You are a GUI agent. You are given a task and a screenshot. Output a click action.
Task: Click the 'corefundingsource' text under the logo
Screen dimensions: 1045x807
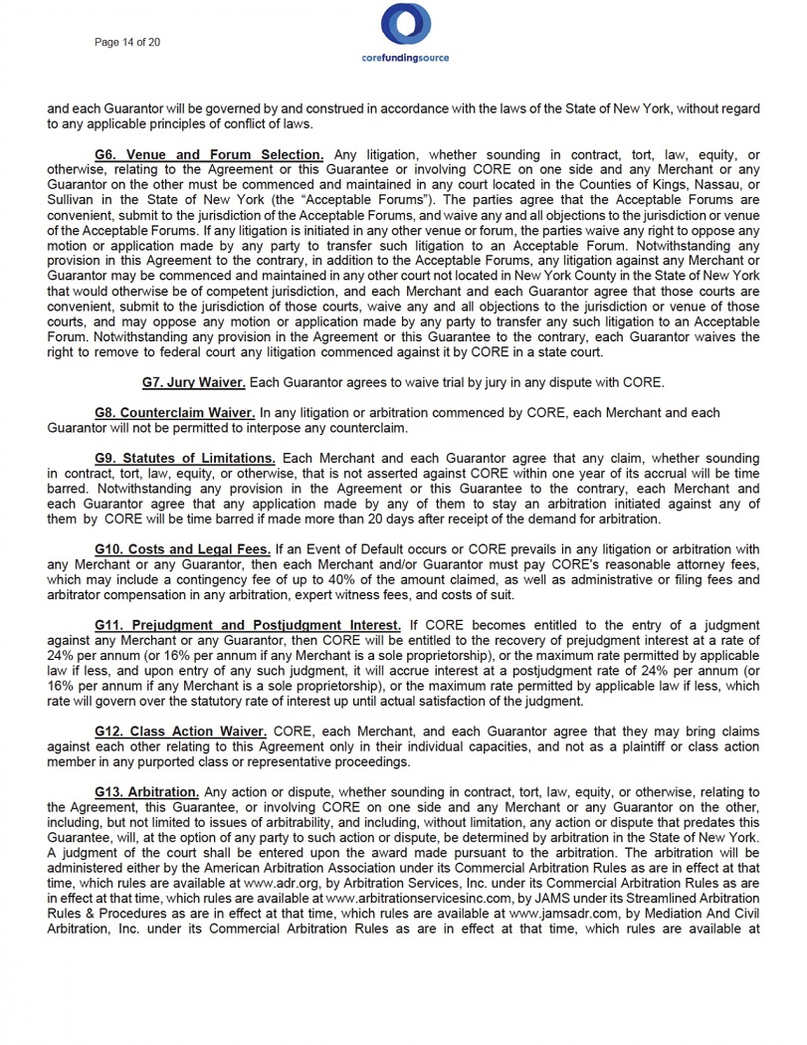(x=404, y=59)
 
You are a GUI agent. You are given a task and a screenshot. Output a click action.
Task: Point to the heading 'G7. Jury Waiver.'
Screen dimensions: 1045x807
(x=194, y=382)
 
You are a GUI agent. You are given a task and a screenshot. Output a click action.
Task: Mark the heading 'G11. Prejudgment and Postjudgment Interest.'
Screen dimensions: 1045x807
(x=248, y=624)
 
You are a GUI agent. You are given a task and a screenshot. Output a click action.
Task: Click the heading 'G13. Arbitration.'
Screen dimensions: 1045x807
(x=146, y=791)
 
